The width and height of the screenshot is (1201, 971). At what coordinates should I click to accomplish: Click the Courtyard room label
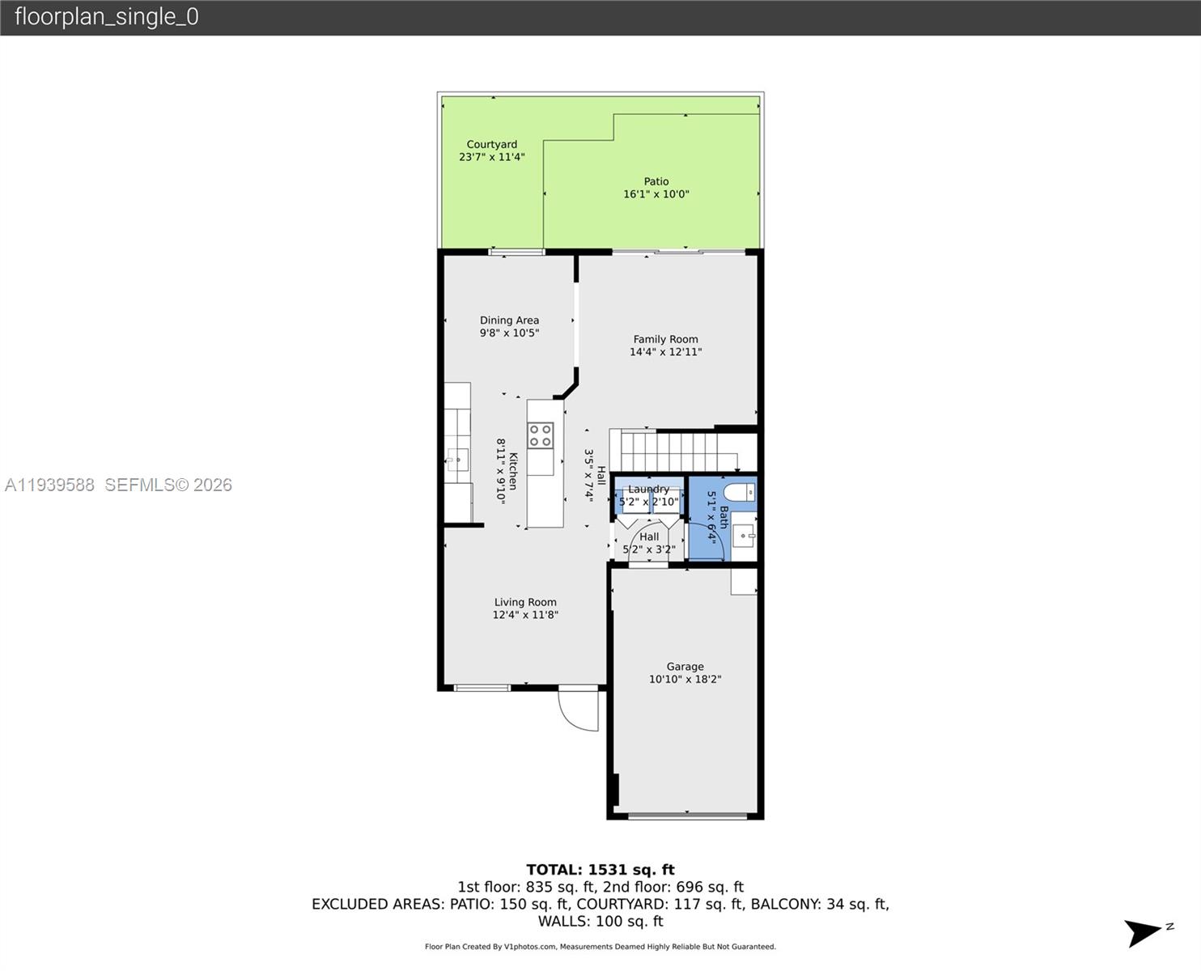pyautogui.click(x=491, y=144)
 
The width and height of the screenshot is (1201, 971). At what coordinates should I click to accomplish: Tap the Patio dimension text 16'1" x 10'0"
pyautogui.click(x=656, y=194)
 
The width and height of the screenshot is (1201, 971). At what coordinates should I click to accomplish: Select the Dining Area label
pyautogui.click(x=509, y=320)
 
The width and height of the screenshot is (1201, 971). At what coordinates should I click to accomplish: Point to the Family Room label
pyautogui.click(x=665, y=339)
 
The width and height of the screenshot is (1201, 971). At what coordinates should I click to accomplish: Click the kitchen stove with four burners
pyautogui.click(x=541, y=435)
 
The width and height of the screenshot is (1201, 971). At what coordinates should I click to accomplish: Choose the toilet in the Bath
pyautogui.click(x=738, y=491)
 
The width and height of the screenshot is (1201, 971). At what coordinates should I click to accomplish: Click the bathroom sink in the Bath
pyautogui.click(x=744, y=536)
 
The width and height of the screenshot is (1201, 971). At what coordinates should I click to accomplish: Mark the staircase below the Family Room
pyautogui.click(x=672, y=452)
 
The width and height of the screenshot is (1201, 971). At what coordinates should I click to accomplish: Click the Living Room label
pyautogui.click(x=525, y=602)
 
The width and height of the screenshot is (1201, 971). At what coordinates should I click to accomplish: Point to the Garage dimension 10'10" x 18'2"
pyautogui.click(x=685, y=680)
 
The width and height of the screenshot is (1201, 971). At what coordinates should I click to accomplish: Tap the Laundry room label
pyautogui.click(x=648, y=490)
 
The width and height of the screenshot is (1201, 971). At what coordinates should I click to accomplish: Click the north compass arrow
pyautogui.click(x=1145, y=933)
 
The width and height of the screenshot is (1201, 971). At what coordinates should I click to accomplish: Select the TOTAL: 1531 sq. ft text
pyautogui.click(x=600, y=870)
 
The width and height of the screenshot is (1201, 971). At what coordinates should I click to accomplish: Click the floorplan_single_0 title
pyautogui.click(x=106, y=17)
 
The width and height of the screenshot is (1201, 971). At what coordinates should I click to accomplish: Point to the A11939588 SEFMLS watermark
pyautogui.click(x=118, y=485)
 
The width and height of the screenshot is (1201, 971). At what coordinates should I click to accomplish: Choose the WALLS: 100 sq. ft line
pyautogui.click(x=600, y=921)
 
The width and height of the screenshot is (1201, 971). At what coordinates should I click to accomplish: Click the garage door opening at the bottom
pyautogui.click(x=686, y=816)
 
